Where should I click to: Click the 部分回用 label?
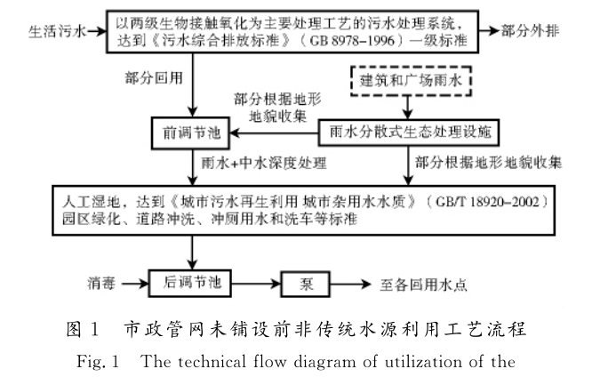(x=153, y=78)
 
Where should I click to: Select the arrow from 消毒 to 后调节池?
(x=140, y=285)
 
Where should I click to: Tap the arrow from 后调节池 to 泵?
(x=257, y=285)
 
